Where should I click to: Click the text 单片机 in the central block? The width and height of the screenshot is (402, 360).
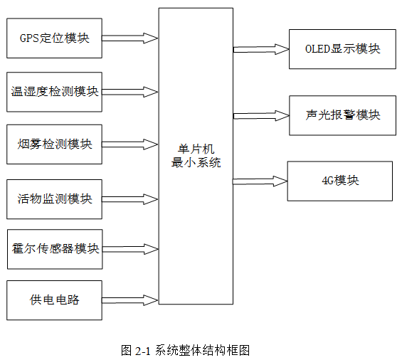pos(196,149)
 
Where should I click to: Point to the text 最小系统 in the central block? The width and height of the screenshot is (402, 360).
pos(196,162)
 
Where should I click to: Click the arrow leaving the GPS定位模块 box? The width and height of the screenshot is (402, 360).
pos(129,38)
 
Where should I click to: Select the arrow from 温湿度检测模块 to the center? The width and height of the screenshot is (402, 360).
pos(129,92)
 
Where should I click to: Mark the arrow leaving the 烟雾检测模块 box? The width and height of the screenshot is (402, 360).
pos(129,144)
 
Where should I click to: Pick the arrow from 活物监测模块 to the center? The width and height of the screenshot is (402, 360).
pos(129,199)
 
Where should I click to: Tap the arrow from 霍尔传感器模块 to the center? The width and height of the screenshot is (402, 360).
pos(130,249)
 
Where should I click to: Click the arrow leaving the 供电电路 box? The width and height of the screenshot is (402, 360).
pos(129,300)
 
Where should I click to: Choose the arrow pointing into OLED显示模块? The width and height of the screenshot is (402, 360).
pos(261,49)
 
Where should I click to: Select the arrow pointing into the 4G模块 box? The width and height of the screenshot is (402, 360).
pos(260,181)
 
